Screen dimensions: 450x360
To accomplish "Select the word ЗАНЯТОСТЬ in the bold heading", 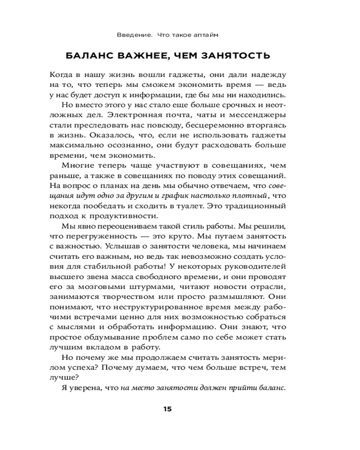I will point(238,56).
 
